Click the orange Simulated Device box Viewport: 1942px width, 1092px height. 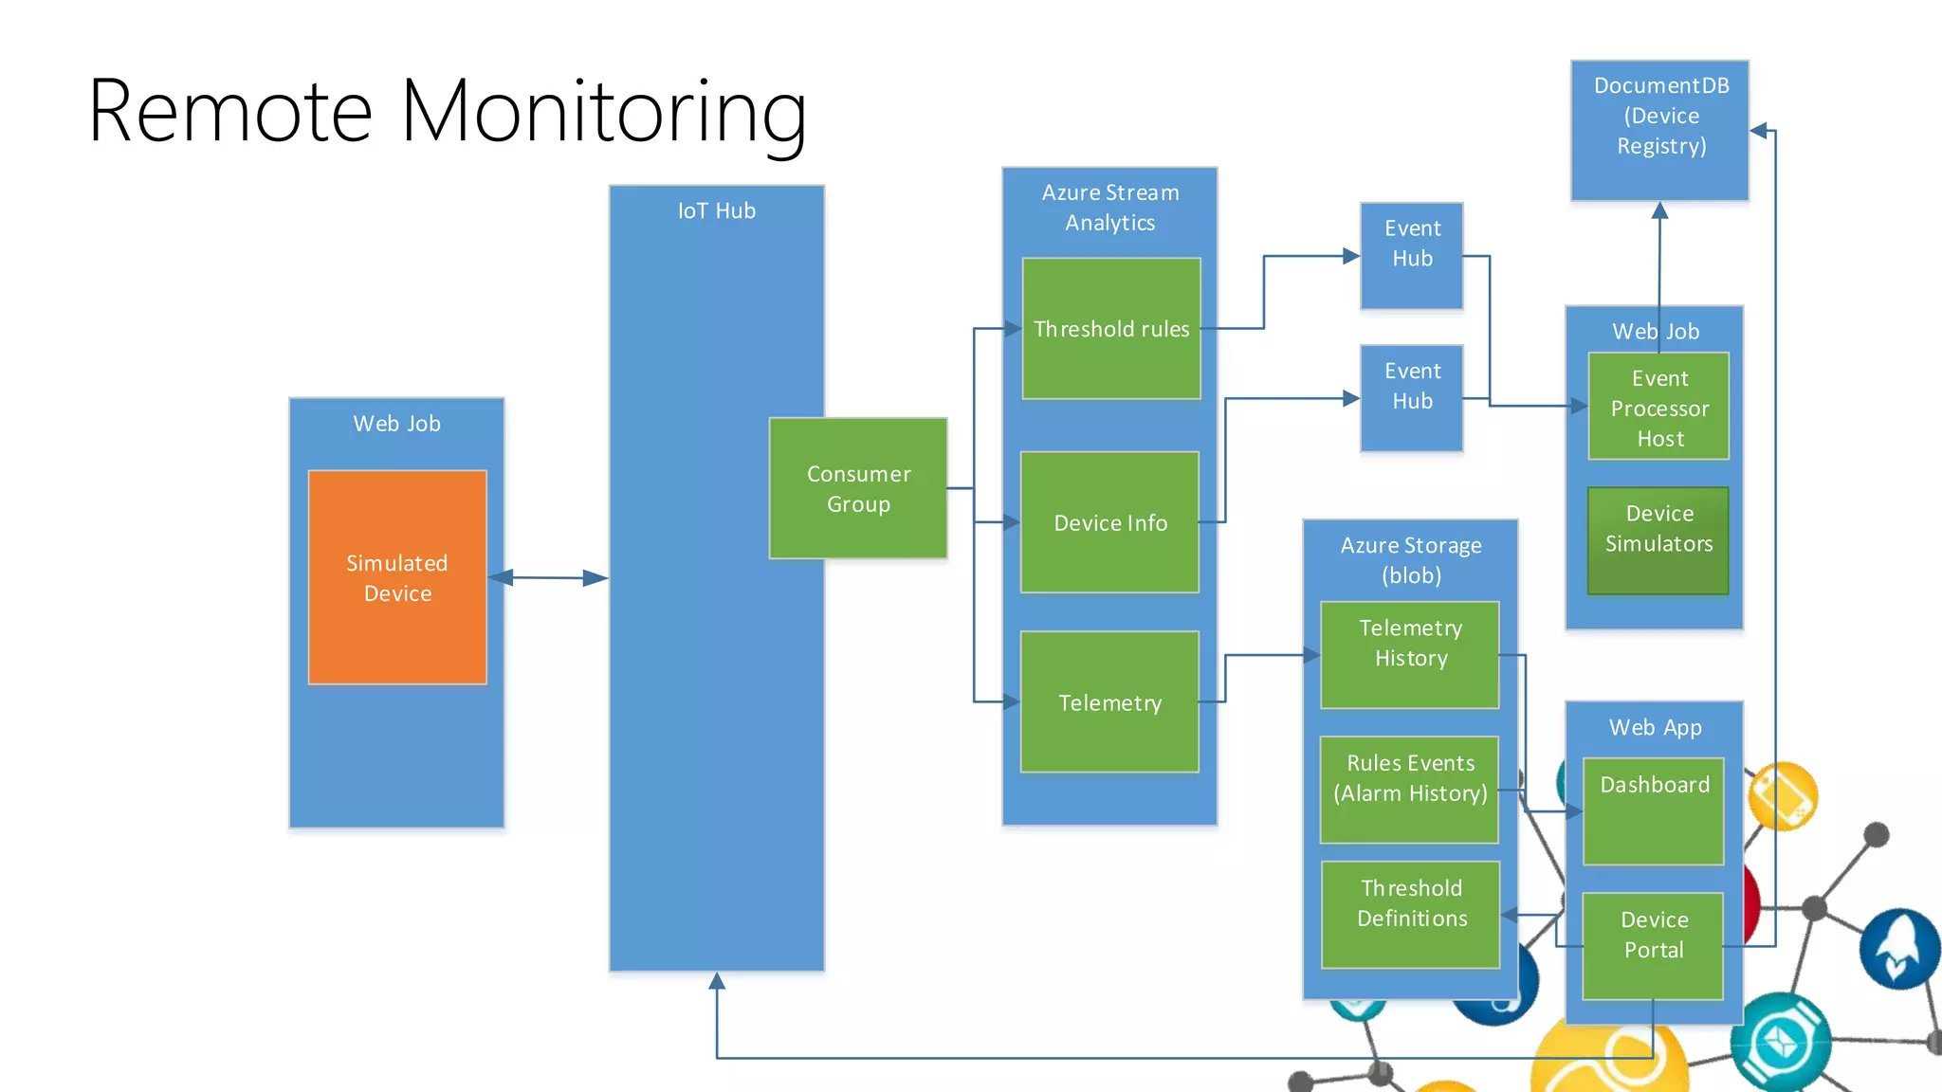(397, 577)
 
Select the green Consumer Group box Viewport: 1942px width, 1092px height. (858, 488)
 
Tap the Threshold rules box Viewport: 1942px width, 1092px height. (1111, 329)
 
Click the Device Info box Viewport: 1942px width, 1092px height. (1110, 522)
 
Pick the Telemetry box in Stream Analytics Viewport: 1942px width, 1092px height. (1109, 702)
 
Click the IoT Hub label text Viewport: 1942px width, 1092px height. (717, 211)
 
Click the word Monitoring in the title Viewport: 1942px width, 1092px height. (604, 112)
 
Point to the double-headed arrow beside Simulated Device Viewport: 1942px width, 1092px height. (548, 577)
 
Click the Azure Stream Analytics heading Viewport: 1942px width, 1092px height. (1110, 208)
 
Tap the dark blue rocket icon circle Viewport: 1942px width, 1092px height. (1899, 949)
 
